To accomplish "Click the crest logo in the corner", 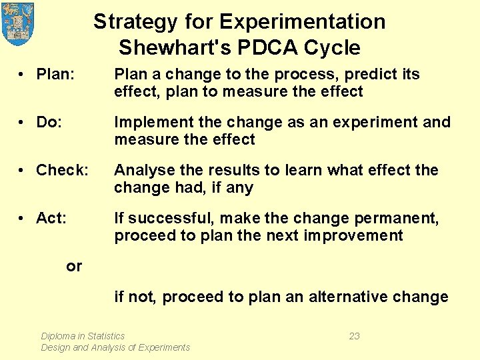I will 18,23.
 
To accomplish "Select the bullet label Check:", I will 62,171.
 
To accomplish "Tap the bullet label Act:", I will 51,219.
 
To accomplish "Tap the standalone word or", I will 74,267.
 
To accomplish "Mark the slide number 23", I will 354,336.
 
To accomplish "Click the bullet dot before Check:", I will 23,171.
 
